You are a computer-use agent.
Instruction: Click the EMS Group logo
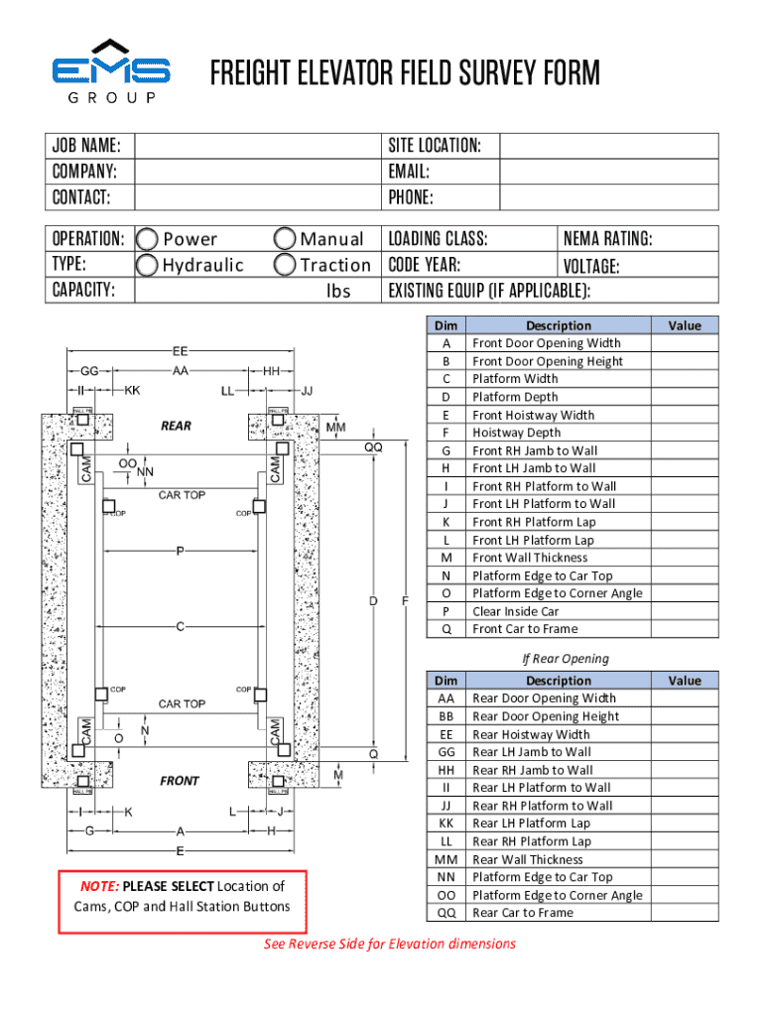[111, 72]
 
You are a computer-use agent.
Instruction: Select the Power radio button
[148, 239]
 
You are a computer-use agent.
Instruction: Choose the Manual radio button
[285, 239]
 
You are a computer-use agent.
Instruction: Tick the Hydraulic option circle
[148, 265]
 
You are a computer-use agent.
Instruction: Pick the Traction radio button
[285, 265]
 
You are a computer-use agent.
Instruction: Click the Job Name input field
[257, 146]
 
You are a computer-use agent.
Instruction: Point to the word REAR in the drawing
[176, 426]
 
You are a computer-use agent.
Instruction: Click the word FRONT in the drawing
[180, 781]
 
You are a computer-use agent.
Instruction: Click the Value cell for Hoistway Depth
[684, 433]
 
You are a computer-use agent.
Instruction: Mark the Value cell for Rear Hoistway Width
[684, 734]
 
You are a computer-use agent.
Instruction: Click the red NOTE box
[183, 900]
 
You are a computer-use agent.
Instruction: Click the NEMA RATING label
[607, 239]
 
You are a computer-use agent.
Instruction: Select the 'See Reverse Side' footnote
[389, 944]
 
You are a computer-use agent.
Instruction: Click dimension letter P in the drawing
[180, 550]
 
